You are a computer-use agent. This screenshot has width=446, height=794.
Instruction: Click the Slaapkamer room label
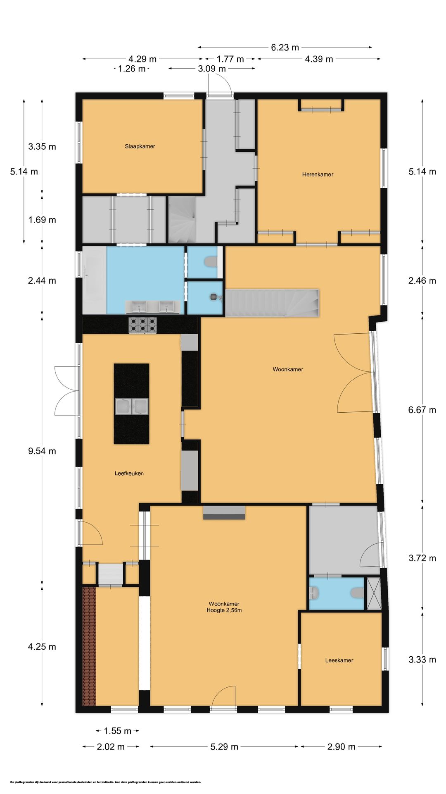point(140,146)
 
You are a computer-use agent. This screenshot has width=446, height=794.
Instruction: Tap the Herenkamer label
point(318,175)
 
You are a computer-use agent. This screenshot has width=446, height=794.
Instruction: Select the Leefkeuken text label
point(129,474)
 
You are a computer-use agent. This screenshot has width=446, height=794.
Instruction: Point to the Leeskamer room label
point(339,660)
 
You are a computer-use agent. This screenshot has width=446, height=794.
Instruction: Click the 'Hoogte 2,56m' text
point(224,610)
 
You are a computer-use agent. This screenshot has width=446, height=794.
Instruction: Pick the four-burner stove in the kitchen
point(143,325)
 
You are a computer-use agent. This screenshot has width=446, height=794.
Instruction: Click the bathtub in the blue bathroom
point(94,280)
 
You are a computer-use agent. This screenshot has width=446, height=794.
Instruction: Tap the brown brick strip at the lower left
point(89,646)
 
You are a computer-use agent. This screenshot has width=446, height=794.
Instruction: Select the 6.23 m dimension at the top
point(285,48)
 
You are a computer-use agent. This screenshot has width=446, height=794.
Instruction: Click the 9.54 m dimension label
point(42,451)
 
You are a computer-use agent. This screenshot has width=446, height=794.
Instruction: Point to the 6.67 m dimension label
point(422,410)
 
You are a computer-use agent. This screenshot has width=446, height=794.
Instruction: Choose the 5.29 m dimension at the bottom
point(224,747)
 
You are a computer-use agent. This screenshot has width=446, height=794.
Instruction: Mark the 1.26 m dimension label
point(132,69)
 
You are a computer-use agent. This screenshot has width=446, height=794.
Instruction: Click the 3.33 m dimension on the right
point(422,660)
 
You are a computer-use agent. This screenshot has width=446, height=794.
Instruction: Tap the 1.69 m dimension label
point(42,220)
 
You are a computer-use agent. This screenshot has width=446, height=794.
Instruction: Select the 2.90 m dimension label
point(342,747)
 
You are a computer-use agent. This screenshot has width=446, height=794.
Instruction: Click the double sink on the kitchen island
point(132,406)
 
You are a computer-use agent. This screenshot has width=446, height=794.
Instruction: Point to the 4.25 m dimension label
point(42,647)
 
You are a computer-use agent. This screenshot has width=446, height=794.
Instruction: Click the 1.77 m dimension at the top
point(230,59)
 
